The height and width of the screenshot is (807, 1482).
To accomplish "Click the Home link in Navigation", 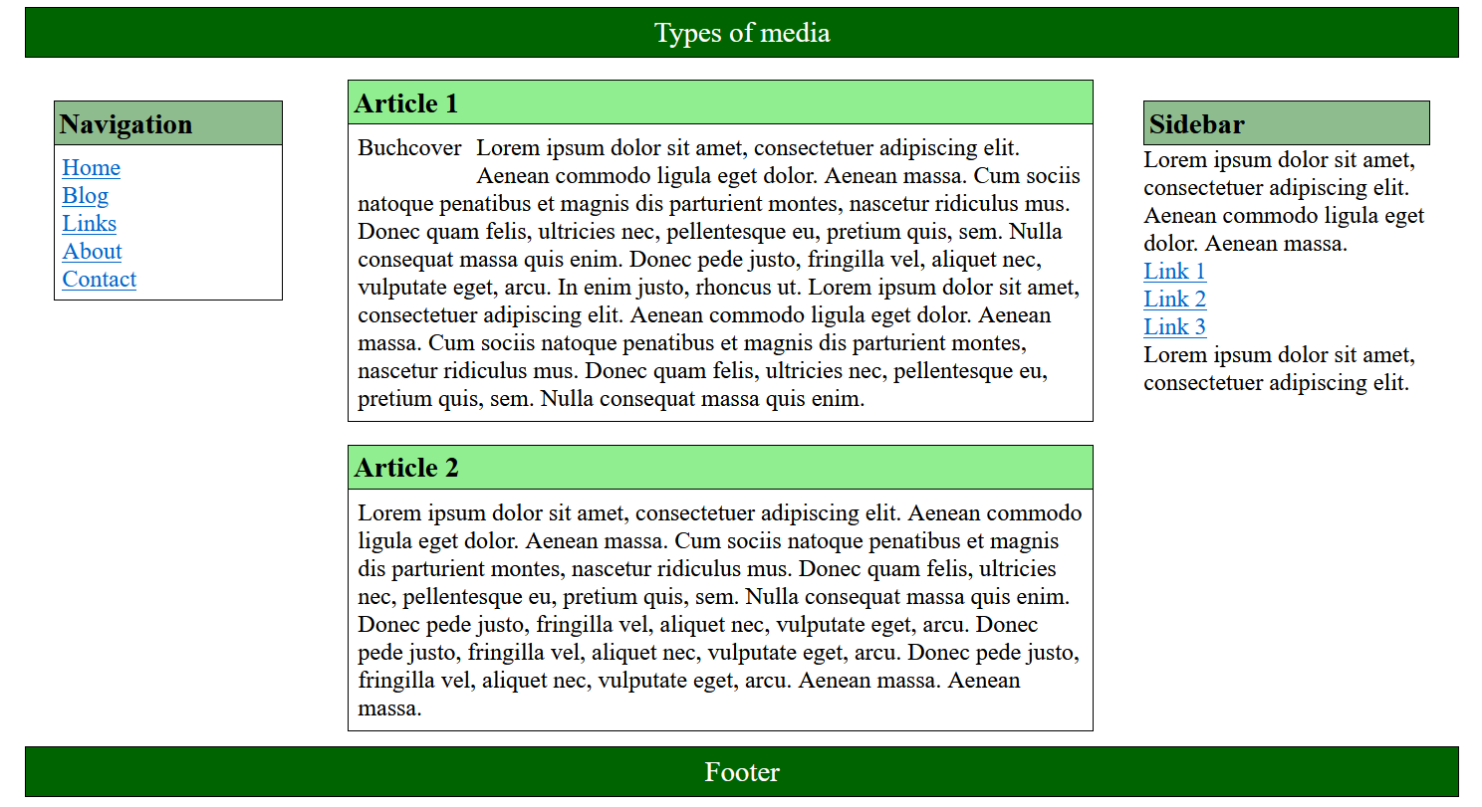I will click(91, 168).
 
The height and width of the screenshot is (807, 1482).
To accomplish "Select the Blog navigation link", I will click(85, 196).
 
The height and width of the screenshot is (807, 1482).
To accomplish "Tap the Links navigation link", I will click(89, 224).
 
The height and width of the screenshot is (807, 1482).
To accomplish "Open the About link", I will click(92, 252).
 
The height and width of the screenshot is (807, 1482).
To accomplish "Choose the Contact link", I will click(99, 280).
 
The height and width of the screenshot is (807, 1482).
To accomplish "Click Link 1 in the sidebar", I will click(1174, 272).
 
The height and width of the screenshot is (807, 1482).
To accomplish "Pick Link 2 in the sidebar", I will click(1174, 300).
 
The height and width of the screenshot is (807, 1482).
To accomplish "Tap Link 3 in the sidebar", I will click(1174, 327).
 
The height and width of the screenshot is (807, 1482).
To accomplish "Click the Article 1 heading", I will click(405, 103).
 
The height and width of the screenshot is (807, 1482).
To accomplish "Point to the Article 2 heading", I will click(405, 468).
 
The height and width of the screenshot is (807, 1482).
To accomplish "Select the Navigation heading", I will click(125, 124).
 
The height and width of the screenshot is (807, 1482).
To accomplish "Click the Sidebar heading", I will click(1196, 124).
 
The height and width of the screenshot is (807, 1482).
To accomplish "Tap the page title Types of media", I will click(742, 33).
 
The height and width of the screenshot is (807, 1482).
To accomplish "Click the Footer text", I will click(742, 772).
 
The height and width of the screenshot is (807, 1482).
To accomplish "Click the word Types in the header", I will click(682, 33).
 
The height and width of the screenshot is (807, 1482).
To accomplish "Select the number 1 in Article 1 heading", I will click(450, 103).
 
